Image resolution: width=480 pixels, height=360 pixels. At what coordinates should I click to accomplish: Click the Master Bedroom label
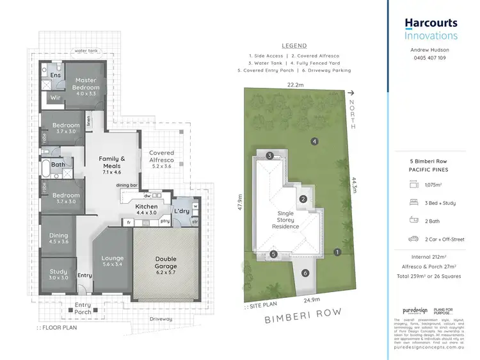[85, 83]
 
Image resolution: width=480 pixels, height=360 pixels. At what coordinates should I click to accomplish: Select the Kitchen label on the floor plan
[147, 206]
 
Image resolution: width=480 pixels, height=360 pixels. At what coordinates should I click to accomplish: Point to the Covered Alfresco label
[161, 156]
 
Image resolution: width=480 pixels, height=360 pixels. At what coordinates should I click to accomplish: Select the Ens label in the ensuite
[56, 75]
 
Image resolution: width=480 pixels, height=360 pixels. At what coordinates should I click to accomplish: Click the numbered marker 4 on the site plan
[314, 141]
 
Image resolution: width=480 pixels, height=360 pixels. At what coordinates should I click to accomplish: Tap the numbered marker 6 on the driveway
[305, 274]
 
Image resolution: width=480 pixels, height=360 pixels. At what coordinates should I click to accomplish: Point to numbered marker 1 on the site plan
[337, 252]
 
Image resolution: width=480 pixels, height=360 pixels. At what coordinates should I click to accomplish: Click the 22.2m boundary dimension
[296, 85]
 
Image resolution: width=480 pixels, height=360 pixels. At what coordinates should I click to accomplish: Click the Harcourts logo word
[431, 23]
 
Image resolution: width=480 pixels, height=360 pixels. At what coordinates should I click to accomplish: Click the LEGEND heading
[294, 46]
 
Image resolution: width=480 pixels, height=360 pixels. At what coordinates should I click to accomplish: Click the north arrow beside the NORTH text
[351, 94]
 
